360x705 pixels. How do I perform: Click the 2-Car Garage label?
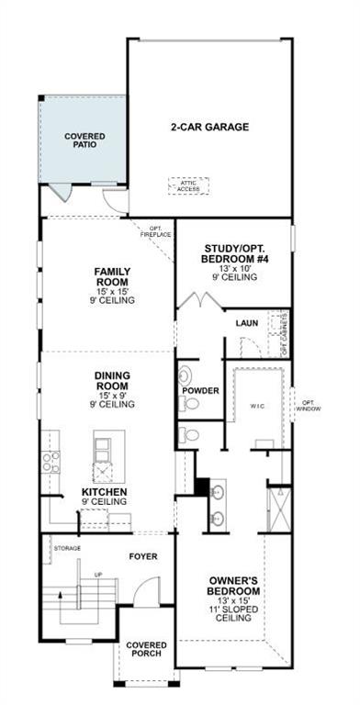[x=209, y=127]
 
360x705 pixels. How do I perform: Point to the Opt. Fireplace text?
[x=156, y=231]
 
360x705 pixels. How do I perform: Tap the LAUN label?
[x=245, y=322]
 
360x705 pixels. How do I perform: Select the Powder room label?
[x=201, y=391]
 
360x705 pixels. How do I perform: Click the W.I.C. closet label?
[x=257, y=405]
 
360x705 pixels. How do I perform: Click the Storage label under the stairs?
[x=67, y=548]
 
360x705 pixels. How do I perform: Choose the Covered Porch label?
[x=146, y=649]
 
